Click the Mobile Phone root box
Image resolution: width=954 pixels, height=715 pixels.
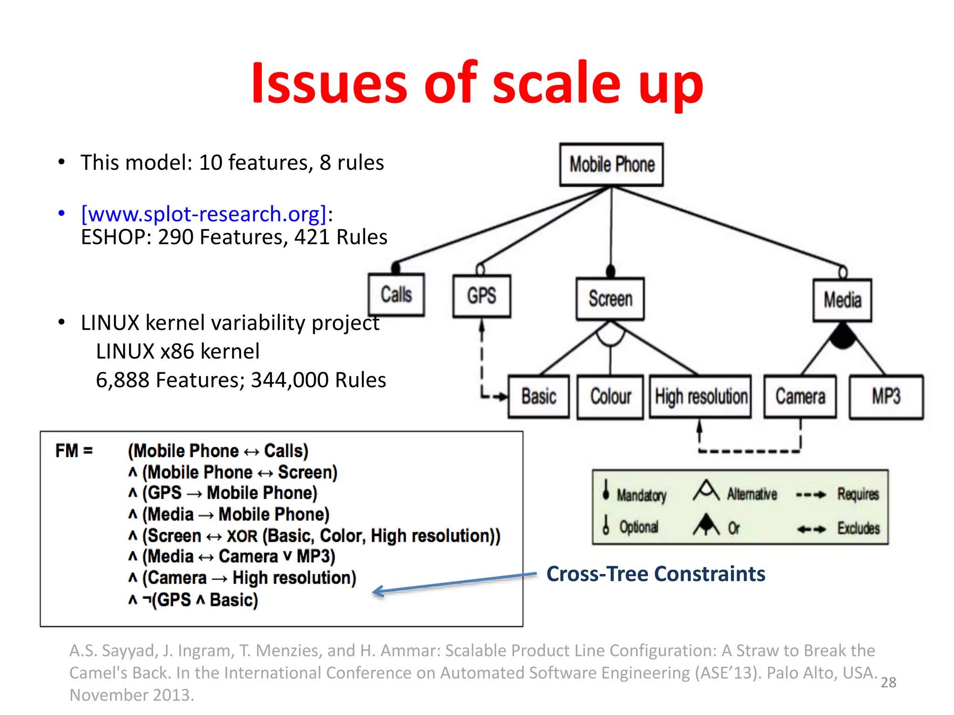611,165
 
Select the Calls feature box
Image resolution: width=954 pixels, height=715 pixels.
396,295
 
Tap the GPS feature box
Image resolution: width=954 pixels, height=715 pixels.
482,296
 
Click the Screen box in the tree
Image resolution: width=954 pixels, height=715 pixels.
610,299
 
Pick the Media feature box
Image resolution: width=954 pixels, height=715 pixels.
842,300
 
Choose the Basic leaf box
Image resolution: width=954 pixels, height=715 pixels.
538,397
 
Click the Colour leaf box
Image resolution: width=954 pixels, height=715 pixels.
610,397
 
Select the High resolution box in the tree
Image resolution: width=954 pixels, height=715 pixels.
701,397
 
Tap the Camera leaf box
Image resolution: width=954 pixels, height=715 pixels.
800,397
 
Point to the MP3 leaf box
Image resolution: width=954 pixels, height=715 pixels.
886,397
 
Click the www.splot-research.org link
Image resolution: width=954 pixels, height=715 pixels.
204,214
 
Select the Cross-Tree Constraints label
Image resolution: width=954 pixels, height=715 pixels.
655,574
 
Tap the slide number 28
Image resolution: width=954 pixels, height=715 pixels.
888,682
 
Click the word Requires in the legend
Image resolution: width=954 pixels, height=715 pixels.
858,494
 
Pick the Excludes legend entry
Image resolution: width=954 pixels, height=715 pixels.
859,528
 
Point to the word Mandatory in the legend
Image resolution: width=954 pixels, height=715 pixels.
641,495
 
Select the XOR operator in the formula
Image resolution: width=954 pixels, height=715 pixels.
242,536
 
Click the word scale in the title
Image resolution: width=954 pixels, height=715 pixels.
557,84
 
